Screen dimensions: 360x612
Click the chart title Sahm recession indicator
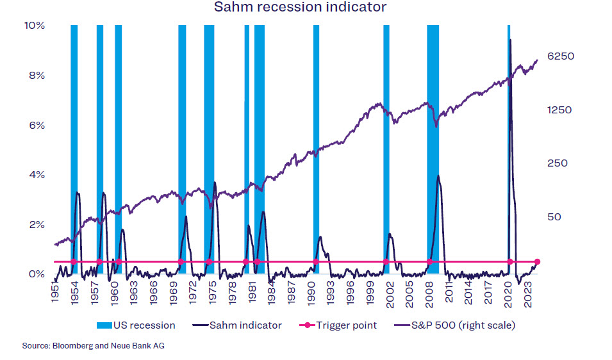300,8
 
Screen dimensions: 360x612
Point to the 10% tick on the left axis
35,26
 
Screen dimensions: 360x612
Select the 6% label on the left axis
36,126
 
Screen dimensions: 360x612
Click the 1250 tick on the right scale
559,110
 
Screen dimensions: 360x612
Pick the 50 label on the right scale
554,217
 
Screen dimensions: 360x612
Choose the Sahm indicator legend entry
236,325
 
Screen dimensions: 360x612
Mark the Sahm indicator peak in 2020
510,40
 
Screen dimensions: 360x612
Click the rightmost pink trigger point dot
538,261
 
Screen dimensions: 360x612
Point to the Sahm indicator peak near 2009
438,176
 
